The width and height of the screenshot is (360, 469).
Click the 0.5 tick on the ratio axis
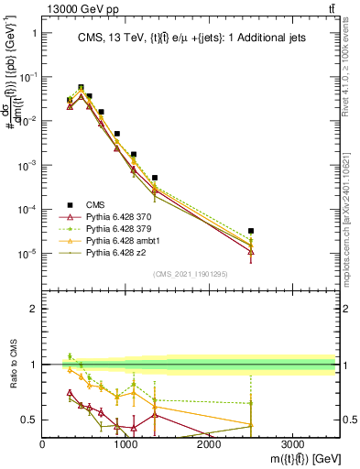(29, 420)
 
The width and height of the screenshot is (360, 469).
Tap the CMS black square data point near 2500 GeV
(251, 231)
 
